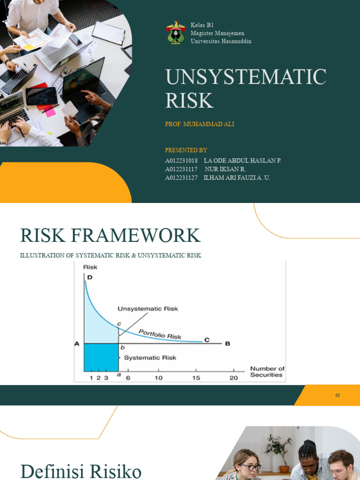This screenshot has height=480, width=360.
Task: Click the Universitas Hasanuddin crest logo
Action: coord(176,33)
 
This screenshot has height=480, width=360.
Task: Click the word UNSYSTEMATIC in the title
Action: coord(246,77)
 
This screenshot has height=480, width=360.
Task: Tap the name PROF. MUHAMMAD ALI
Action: coord(200,124)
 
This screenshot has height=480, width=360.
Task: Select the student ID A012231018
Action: coord(181,161)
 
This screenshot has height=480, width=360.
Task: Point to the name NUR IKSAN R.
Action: coord(225,169)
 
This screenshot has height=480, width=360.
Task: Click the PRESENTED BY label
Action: coord(186,150)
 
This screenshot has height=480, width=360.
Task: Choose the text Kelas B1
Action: coord(202,25)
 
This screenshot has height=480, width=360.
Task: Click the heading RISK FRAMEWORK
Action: coord(110,235)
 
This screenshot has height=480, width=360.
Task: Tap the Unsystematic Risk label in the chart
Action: coord(148,309)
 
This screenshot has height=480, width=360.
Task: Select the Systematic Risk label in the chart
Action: coord(150,358)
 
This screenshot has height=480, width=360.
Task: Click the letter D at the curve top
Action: coord(90,277)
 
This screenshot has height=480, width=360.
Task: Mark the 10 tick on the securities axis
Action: coord(159,378)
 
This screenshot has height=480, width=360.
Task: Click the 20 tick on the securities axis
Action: coord(233,378)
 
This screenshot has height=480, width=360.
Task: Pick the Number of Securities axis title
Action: coord(267,372)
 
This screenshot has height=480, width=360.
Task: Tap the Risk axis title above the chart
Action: coord(90,267)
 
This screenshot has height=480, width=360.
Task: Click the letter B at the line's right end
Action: coord(228,344)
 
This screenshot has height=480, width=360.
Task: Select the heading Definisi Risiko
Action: coord(81,471)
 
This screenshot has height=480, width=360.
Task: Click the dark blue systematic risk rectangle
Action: coord(101,358)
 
